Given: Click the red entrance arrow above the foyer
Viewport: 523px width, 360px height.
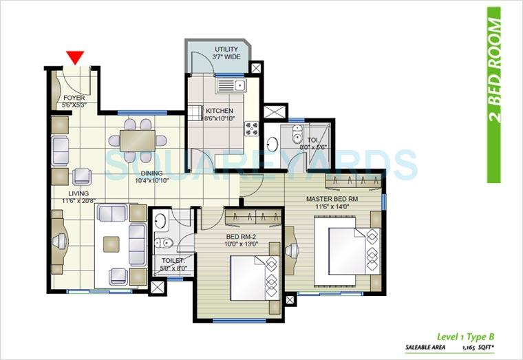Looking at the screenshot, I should [x=76, y=57].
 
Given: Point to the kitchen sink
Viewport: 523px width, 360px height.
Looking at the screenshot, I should [x=231, y=86].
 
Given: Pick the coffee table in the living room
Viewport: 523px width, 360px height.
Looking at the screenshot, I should [x=111, y=244].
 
